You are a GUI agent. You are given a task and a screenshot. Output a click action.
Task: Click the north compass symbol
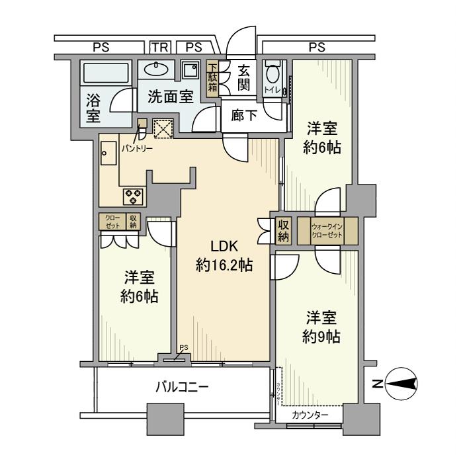point(401,384)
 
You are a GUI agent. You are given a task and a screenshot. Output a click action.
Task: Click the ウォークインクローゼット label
point(327,232)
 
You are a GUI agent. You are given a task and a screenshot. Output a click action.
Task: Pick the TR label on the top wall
point(159,47)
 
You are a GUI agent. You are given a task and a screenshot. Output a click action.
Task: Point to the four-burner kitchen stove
point(133,195)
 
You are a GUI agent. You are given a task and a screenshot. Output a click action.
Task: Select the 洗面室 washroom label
point(170,97)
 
